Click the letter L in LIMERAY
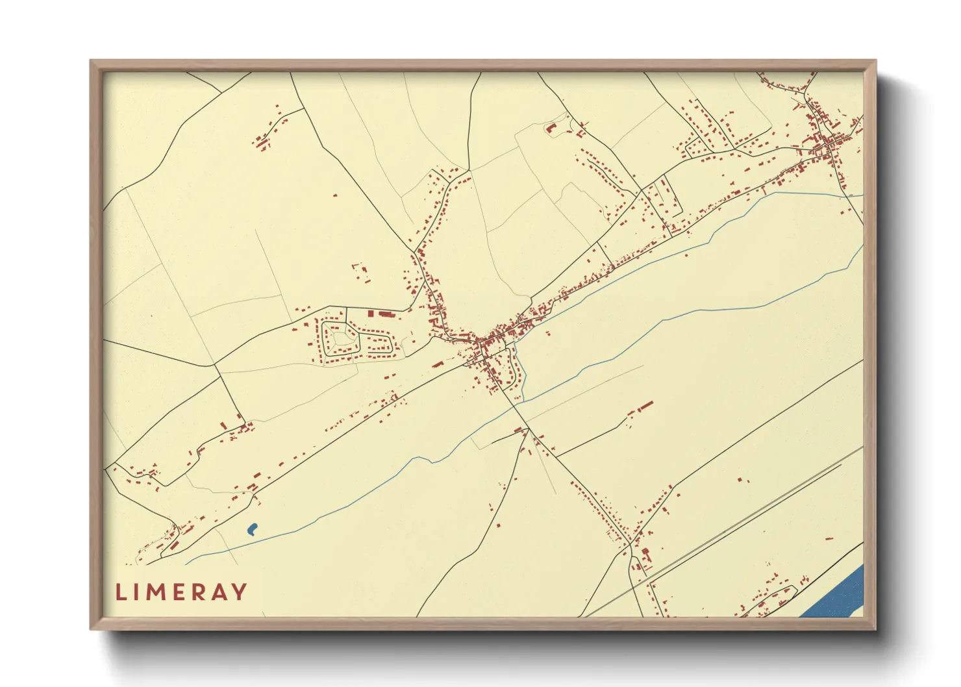[x=119, y=592]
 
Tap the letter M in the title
[x=158, y=592]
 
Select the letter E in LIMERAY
[x=181, y=592]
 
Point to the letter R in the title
[x=200, y=592]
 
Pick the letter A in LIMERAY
[x=220, y=592]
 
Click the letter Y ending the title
[x=240, y=592]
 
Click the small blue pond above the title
[x=252, y=529]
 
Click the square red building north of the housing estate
[x=371, y=314]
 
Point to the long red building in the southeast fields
[x=645, y=406]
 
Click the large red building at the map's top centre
[x=552, y=128]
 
